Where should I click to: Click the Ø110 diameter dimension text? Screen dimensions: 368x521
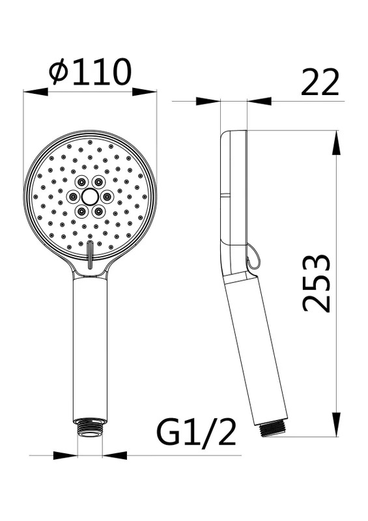point(90,72)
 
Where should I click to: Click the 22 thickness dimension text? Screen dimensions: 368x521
point(320,83)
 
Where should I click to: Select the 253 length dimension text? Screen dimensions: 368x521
point(317,283)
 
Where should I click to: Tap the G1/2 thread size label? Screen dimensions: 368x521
point(197,432)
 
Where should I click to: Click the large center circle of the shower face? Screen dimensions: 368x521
point(89,197)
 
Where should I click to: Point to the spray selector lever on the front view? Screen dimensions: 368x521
point(89,254)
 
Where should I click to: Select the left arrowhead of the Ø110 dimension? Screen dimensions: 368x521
point(35,92)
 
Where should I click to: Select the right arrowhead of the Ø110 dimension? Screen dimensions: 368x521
point(145,92)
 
